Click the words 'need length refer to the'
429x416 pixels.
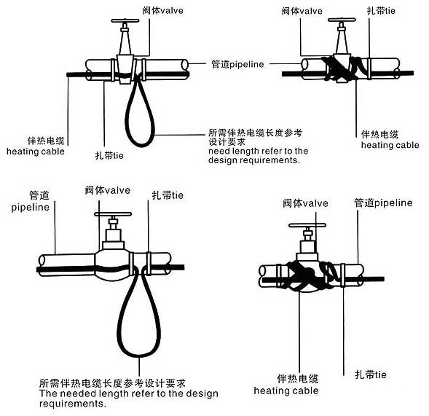click(258, 151)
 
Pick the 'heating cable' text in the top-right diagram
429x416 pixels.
click(390, 145)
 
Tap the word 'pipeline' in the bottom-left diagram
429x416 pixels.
click(30, 207)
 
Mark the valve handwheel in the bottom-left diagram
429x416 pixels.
click(111, 216)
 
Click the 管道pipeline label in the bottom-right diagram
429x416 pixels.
click(382, 203)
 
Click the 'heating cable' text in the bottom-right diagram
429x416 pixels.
click(286, 391)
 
